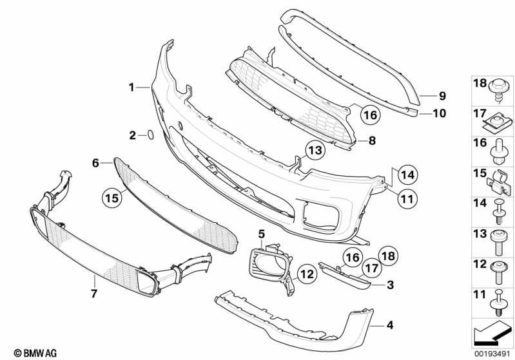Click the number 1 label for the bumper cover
point(131,88)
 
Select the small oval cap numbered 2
point(150,135)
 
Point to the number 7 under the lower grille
point(94,293)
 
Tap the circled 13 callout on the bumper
point(315,150)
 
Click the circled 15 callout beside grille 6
point(112,198)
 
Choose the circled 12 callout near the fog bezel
point(307,274)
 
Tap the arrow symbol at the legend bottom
point(491,334)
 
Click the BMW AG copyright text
point(35,353)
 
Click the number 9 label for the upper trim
point(442,96)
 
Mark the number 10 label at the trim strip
point(440,113)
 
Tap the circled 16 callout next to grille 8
point(370,115)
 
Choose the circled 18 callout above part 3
point(388,256)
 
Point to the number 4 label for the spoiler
point(389,325)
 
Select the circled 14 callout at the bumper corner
point(407,175)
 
